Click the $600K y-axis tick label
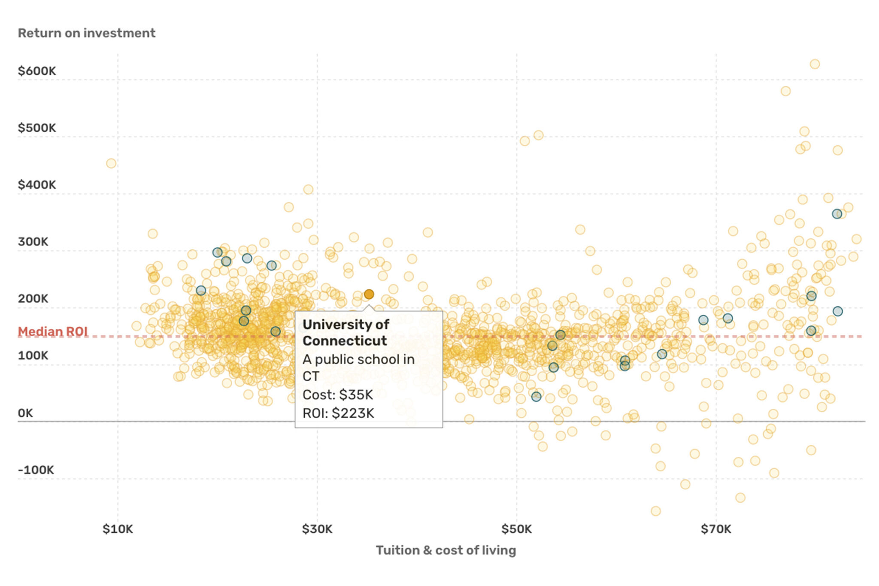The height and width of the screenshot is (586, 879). point(37,71)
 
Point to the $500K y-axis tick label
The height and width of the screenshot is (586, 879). point(37,128)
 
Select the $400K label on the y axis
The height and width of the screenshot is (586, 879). point(37,185)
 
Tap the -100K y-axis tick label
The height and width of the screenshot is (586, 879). point(36,470)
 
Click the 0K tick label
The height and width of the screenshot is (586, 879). point(25,413)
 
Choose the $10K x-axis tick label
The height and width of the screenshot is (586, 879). point(118,529)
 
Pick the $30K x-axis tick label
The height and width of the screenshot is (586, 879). point(317,529)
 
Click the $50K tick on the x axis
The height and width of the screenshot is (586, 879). point(516,529)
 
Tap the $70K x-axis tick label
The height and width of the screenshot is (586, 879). point(716,529)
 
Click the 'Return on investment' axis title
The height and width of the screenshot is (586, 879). point(86,33)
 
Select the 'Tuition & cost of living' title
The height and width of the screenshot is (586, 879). point(446,550)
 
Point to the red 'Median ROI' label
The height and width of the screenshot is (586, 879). point(53,331)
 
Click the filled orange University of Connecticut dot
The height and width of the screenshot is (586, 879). point(369,294)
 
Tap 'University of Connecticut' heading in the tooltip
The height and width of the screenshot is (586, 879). point(346,332)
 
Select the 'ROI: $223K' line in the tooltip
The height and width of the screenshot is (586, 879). point(338,413)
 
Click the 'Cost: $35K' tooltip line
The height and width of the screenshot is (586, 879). point(338,395)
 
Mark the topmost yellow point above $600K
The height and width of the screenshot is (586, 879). point(815,64)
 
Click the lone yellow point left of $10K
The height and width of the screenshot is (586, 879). point(111,163)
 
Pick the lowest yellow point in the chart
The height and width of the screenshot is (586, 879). point(655,511)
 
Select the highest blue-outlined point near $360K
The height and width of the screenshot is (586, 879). point(837,214)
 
